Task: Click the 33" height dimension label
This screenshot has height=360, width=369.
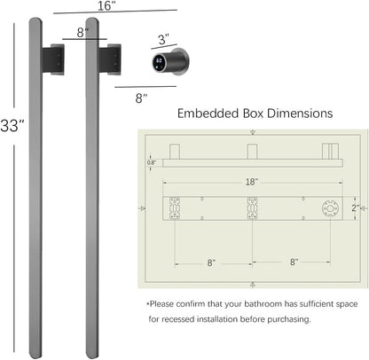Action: tap(12, 126)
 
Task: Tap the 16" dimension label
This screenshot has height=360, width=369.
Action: tap(106, 6)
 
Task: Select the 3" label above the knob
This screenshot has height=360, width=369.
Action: tap(163, 39)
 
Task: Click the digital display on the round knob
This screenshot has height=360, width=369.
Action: tap(160, 61)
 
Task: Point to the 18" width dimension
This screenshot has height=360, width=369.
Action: tap(252, 182)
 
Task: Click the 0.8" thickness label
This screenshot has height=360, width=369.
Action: tap(151, 162)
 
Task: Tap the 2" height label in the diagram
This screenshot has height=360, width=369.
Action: tap(356, 208)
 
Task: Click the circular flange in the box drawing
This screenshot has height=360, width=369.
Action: tap(330, 208)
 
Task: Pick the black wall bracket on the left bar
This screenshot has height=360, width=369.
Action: tap(53, 59)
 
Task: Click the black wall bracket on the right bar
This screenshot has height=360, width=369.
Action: tap(110, 59)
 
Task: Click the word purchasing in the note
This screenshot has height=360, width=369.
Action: tap(290, 319)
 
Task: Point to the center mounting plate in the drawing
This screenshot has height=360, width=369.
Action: tap(252, 208)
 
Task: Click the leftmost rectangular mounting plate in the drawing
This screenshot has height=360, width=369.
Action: tap(175, 208)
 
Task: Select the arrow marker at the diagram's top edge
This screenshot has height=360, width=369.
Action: tap(253, 132)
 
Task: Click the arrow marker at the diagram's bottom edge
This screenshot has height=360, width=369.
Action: tap(253, 285)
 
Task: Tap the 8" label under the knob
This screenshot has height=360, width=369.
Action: tap(141, 98)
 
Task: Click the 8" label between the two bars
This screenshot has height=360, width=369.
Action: tap(82, 33)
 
